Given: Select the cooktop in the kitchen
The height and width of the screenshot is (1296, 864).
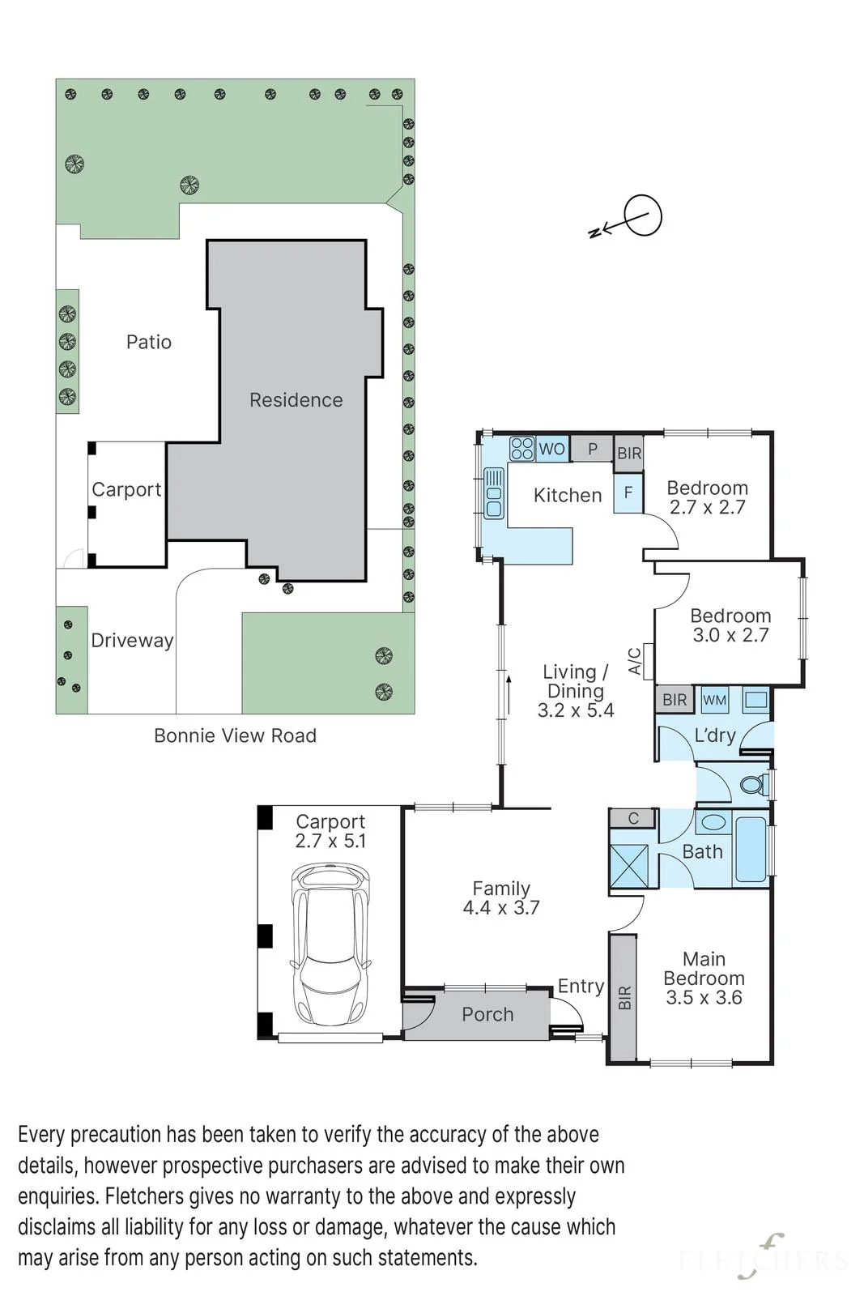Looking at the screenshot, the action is [x=521, y=449].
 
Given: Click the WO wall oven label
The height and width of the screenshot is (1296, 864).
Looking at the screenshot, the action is [x=551, y=449].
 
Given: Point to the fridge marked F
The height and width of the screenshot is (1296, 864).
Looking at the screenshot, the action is [x=628, y=493].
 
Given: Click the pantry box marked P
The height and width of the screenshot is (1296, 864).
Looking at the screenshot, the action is [x=592, y=449].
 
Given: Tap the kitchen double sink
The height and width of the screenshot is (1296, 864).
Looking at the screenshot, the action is [x=494, y=493].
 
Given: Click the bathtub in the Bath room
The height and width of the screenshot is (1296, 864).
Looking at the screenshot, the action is [x=751, y=850].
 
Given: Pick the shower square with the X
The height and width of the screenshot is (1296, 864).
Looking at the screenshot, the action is [x=629, y=866].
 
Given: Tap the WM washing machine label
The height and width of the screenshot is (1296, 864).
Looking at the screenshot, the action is [x=714, y=700].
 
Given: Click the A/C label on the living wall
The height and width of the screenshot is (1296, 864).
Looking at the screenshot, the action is [x=634, y=661].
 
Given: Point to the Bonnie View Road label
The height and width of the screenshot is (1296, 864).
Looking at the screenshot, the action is [x=235, y=735].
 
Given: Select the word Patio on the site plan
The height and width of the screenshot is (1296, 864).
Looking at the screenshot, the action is [x=149, y=342].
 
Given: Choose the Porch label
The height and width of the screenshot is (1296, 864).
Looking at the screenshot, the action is [x=487, y=1014].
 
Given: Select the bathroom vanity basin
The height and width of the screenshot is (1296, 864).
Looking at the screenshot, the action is [x=714, y=822].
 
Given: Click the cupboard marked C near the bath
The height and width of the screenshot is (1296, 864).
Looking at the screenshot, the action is [x=632, y=818].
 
